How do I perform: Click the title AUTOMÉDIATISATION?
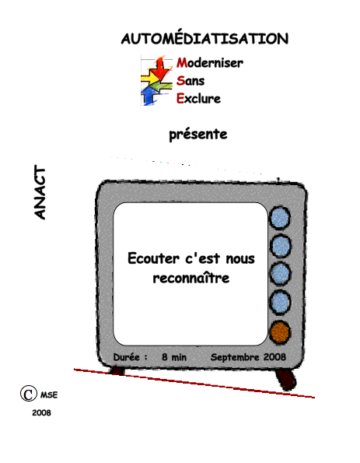(x=204, y=39)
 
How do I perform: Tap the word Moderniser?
(x=210, y=62)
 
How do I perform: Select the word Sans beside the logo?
(x=190, y=81)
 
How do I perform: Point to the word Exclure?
(x=198, y=98)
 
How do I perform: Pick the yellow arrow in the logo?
(x=150, y=79)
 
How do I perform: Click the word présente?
(x=198, y=135)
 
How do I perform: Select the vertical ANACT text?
(x=40, y=192)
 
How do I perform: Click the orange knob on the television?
(x=280, y=332)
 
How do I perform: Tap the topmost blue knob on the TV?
(x=280, y=218)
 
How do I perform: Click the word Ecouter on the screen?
(x=153, y=258)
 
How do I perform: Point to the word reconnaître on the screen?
(x=191, y=278)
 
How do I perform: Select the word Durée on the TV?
(x=126, y=357)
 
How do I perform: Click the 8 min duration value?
(x=174, y=357)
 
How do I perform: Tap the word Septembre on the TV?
(x=235, y=357)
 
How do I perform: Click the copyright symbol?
(x=29, y=394)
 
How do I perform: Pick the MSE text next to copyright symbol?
(x=49, y=395)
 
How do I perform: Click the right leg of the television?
(x=285, y=379)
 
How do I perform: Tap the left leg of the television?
(x=118, y=371)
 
